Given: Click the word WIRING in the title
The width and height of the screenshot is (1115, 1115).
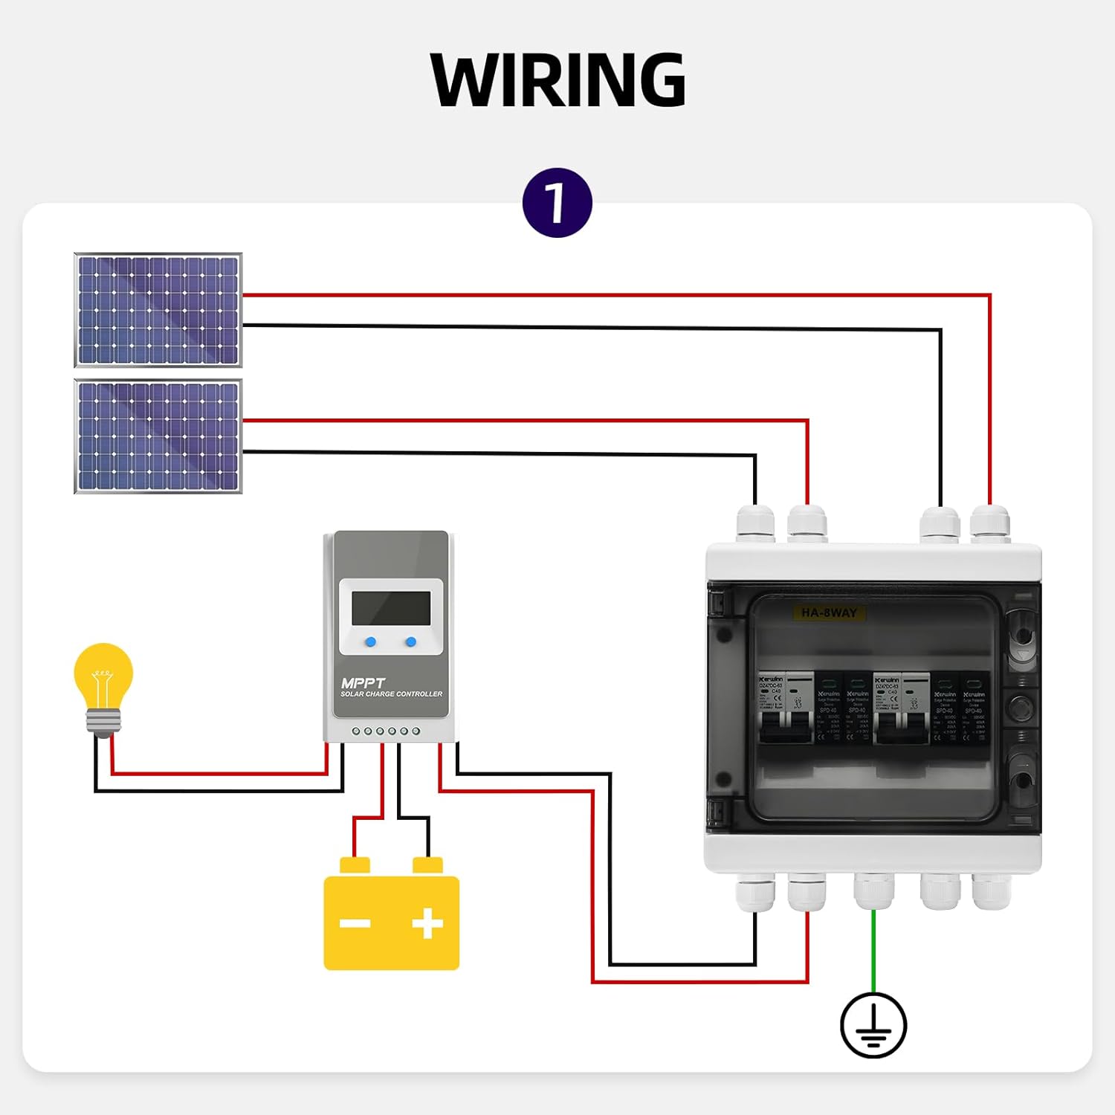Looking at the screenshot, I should click(x=557, y=80).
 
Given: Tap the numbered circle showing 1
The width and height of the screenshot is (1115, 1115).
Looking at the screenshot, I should click(x=557, y=203).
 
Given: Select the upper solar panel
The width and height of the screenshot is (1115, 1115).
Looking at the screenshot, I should click(x=158, y=310).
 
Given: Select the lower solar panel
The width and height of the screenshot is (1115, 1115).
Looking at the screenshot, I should click(x=158, y=436).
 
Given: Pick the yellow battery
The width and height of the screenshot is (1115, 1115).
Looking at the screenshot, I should click(x=391, y=922).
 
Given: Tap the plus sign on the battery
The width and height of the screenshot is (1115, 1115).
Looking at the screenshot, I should click(x=427, y=923).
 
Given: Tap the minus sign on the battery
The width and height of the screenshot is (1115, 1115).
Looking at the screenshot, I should click(x=355, y=923).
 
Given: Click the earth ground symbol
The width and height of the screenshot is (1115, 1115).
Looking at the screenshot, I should click(x=873, y=1026).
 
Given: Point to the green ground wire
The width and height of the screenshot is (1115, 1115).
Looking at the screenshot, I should click(x=873, y=951).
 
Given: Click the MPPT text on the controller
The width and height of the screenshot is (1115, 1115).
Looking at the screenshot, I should click(x=363, y=682).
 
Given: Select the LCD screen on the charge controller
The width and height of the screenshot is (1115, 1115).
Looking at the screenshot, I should click(x=391, y=609).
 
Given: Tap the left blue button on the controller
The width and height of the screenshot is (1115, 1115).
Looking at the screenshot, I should click(x=370, y=642).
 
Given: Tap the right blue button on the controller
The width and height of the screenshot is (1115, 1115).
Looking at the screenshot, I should click(x=411, y=642).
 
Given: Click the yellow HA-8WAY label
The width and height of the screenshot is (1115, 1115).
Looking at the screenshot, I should click(x=829, y=613).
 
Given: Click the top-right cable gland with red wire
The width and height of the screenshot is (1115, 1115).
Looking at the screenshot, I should click(x=990, y=524).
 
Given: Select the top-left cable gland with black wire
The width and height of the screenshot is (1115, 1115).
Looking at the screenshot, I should click(x=755, y=524).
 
